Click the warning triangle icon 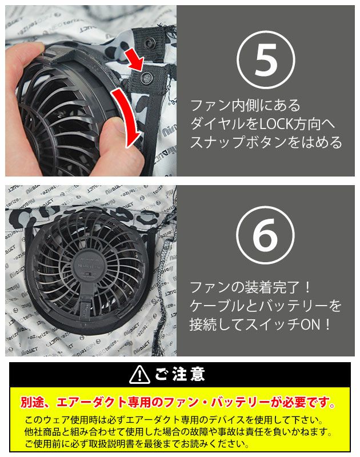[x=139, y=374]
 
